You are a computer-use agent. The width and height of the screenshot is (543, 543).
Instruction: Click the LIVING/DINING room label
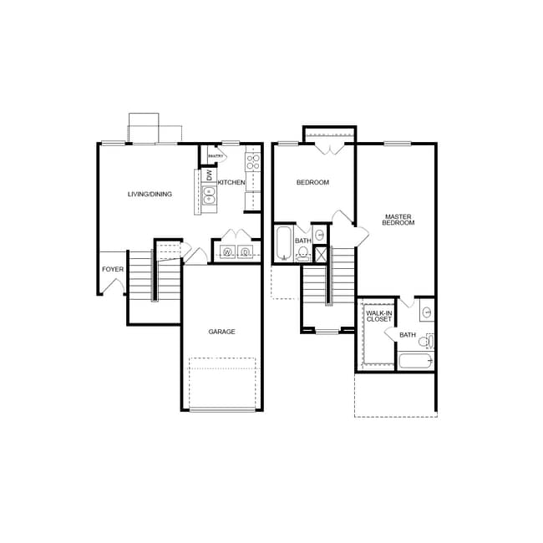tap(150, 195)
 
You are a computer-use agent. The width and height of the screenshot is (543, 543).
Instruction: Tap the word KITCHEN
tap(231, 182)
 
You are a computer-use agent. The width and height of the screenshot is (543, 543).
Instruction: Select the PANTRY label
tap(216, 156)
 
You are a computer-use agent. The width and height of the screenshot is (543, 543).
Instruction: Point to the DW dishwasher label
tap(210, 175)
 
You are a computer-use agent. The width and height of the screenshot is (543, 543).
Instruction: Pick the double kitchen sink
tap(209, 195)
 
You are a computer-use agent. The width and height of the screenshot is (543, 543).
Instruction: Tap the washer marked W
tap(226, 252)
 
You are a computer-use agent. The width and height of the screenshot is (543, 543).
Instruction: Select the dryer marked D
tap(245, 252)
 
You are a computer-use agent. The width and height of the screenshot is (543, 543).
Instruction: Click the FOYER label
tap(113, 269)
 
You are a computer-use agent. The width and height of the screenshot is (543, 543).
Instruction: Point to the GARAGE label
tap(221, 332)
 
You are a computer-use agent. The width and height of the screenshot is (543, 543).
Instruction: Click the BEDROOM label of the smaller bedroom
tap(312, 182)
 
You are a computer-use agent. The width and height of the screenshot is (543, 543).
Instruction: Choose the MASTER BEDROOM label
tap(398, 220)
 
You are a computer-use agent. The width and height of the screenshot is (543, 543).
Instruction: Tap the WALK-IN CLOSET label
tap(378, 316)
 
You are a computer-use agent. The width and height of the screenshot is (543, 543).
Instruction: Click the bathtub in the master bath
tap(415, 361)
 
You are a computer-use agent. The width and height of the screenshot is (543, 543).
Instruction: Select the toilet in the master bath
tap(425, 341)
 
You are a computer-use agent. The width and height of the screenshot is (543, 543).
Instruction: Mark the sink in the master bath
tap(426, 313)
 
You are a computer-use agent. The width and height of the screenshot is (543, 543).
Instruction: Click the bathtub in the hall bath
tap(283, 243)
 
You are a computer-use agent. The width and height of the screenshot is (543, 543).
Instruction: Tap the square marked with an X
tap(321, 255)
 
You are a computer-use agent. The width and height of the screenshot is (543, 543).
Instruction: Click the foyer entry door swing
tap(114, 287)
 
